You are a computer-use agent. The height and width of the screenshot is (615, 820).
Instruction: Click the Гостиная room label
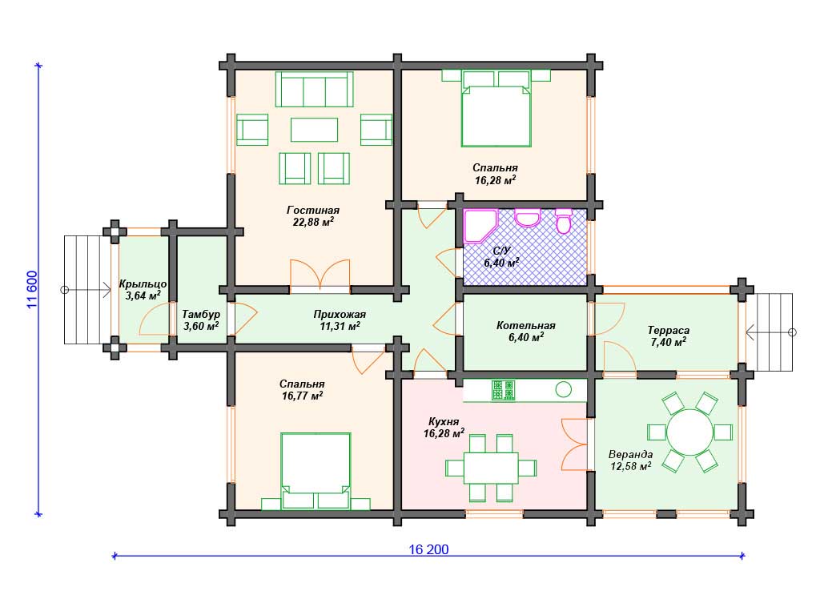pyautogui.click(x=313, y=211)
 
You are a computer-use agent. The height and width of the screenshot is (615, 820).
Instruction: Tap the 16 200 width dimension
pyautogui.click(x=428, y=549)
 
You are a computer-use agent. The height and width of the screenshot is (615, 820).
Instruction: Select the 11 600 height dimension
pyautogui.click(x=32, y=290)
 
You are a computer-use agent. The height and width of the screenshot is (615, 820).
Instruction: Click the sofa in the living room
pyautogui.click(x=314, y=90)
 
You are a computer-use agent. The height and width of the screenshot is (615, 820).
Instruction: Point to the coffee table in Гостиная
pyautogui.click(x=314, y=130)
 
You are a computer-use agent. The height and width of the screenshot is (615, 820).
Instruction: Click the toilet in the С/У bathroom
pyautogui.click(x=563, y=221)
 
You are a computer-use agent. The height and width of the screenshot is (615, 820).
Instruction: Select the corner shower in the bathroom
pyautogui.click(x=480, y=227)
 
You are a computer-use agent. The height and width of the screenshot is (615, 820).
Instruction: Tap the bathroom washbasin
pyautogui.click(x=527, y=218)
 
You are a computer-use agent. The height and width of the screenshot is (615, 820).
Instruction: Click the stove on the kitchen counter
pyautogui.click(x=503, y=391)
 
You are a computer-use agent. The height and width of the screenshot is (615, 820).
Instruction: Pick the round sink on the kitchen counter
pyautogui.click(x=563, y=390)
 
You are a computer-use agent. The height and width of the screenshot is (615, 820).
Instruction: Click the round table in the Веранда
pyautogui.click(x=690, y=432)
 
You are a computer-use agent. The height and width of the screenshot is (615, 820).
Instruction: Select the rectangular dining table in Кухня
pyautogui.click(x=491, y=468)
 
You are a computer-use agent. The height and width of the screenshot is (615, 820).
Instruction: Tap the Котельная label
pyautogui.click(x=525, y=326)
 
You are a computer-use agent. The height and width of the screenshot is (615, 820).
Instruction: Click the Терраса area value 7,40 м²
pyautogui.click(x=669, y=343)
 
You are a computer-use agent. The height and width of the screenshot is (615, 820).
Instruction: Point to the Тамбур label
pyautogui.click(x=201, y=314)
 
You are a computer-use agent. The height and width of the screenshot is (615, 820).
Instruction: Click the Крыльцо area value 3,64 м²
pyautogui.click(x=143, y=296)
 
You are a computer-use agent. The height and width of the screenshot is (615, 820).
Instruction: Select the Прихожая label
pyautogui.click(x=340, y=314)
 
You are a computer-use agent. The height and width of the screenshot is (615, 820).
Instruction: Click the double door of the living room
pyautogui.click(x=320, y=274)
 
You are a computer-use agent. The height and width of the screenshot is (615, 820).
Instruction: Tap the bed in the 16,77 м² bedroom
pyautogui.click(x=316, y=471)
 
